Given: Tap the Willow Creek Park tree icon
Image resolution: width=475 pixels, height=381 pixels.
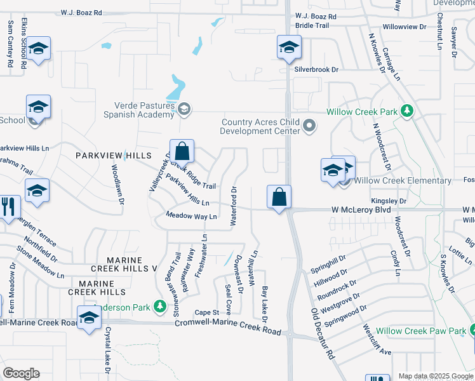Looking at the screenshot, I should coord(407,112).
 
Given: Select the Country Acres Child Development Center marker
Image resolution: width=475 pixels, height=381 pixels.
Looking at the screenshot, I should coord(309,125).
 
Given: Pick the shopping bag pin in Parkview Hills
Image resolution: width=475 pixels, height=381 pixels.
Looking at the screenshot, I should coord(182,152).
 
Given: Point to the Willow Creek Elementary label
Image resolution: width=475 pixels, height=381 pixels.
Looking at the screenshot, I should coord(403,181).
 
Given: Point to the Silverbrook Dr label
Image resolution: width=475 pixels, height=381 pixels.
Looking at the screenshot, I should coord(316,69).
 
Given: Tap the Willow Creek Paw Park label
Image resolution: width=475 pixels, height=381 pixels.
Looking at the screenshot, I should coord(420,331).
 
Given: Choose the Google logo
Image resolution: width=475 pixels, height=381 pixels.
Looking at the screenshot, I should coord(21,373).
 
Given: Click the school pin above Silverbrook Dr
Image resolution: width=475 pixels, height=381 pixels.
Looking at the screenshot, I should coord(289,47).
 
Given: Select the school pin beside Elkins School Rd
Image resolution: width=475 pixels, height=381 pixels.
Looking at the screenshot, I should coord(39,49).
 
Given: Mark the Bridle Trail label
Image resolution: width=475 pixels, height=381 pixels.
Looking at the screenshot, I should coord(312,25).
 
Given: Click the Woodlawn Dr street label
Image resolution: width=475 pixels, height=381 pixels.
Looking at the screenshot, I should coord(117,185).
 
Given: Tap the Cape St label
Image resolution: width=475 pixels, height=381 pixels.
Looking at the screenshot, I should coord(206,312).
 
